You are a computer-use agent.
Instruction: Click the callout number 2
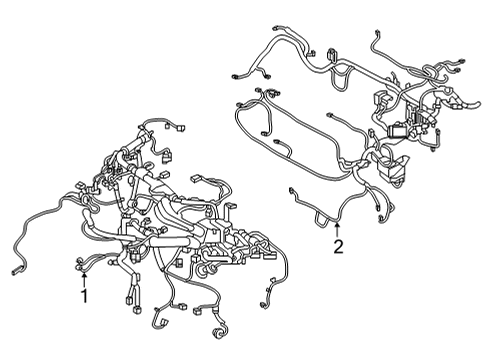tap(338, 246)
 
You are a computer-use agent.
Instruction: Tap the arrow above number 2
tap(338, 227)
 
